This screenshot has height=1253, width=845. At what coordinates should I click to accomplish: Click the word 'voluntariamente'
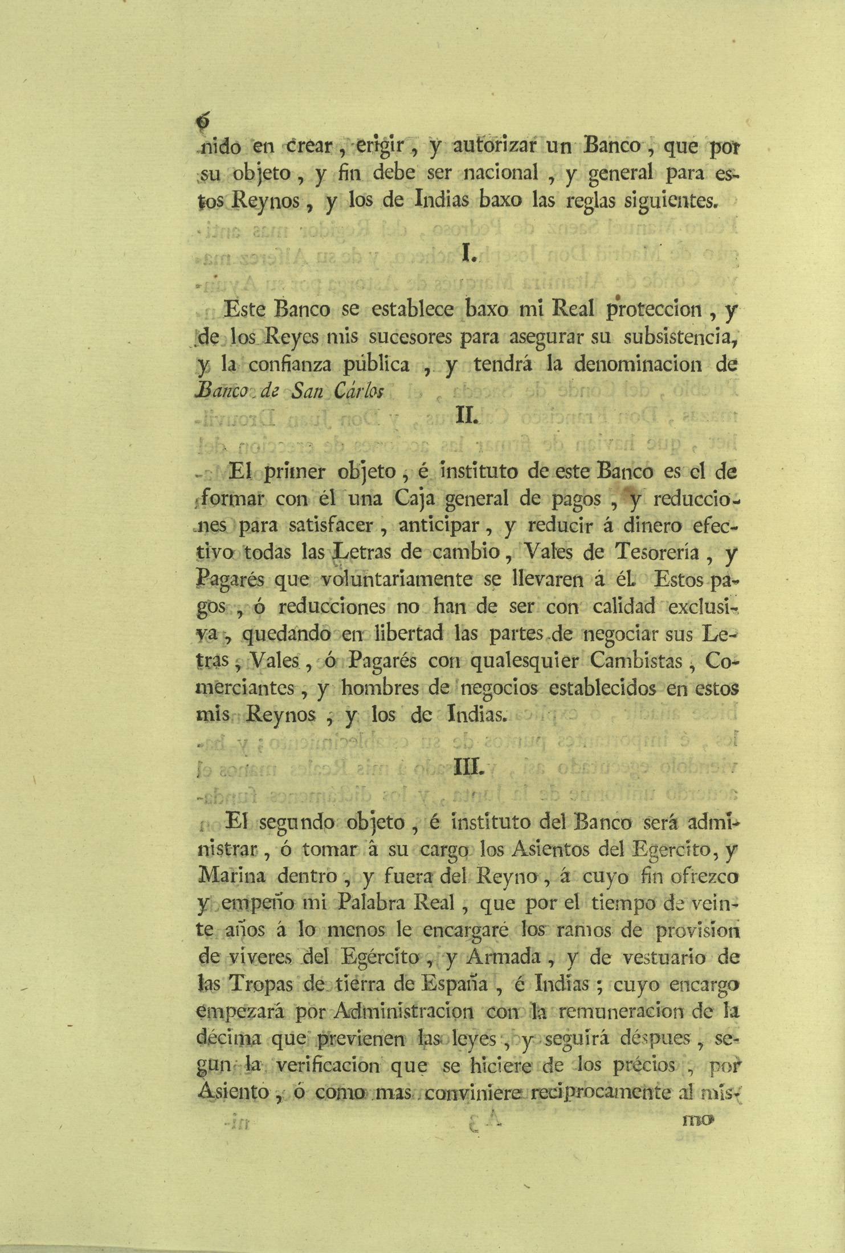click(397, 580)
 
